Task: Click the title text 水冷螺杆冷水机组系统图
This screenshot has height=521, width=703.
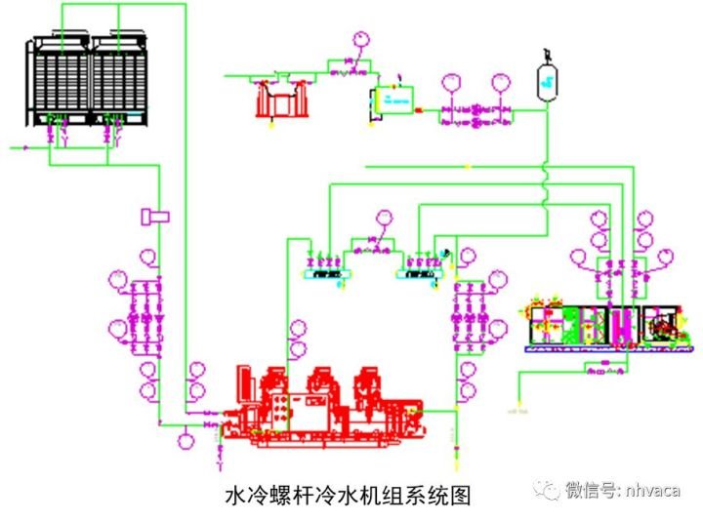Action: (x=348, y=495)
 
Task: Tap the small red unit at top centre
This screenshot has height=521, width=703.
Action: (x=279, y=99)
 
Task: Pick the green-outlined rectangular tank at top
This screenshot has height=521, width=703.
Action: (x=393, y=100)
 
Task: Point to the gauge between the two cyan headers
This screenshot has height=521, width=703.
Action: (x=384, y=218)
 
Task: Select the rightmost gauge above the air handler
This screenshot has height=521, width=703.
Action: (x=666, y=255)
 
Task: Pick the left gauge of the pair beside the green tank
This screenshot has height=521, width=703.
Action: (x=450, y=85)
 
